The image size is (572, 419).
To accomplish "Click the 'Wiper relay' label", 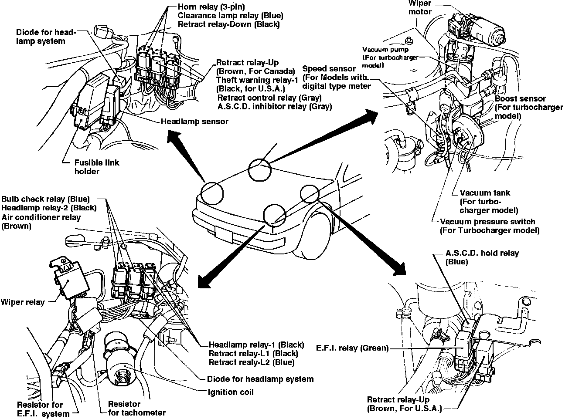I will pyautogui.click(x=23, y=302).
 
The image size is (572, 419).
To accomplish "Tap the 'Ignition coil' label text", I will pyautogui.click(x=231, y=392).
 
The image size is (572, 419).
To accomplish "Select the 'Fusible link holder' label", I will pyautogui.click(x=96, y=167).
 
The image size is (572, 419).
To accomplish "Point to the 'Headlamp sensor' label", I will pyautogui.click(x=194, y=122).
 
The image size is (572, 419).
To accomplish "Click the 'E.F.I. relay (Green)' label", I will pyautogui.click(x=352, y=348).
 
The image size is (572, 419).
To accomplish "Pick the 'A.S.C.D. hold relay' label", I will pyautogui.click(x=482, y=253).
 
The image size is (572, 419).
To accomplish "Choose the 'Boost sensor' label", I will pyautogui.click(x=520, y=99).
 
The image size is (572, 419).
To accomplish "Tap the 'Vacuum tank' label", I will pyautogui.click(x=484, y=193).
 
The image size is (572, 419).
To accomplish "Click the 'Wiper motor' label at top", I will pyautogui.click(x=420, y=7).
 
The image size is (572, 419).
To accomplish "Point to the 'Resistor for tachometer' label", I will pyautogui.click(x=136, y=409).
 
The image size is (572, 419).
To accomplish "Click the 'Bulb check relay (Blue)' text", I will pyautogui.click(x=45, y=199).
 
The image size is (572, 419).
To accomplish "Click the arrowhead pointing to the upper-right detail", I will pyautogui.click(x=371, y=115).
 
